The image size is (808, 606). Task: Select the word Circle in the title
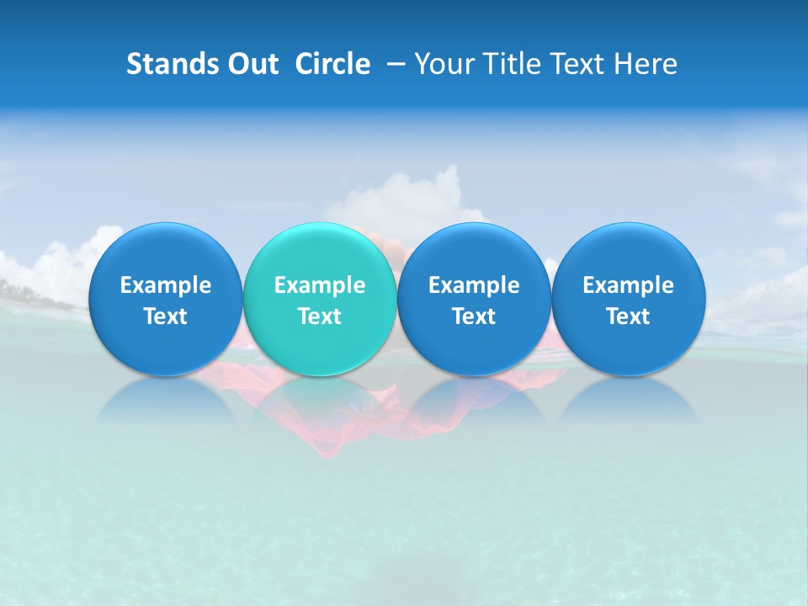click(332, 64)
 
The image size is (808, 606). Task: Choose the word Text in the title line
click(574, 64)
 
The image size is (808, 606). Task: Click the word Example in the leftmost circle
click(166, 285)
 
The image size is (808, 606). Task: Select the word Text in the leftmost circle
click(166, 316)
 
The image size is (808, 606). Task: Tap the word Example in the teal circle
click(320, 285)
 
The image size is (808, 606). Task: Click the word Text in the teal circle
click(320, 316)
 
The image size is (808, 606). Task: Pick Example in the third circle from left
click(474, 285)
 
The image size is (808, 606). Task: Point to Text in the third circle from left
click(474, 316)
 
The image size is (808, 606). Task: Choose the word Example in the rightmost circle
click(628, 285)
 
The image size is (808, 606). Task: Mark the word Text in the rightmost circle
click(628, 316)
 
